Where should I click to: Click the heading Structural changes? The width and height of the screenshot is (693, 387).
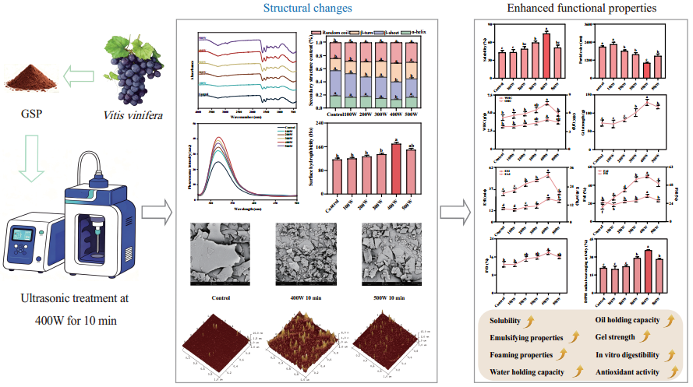pyautogui.click(x=301, y=9)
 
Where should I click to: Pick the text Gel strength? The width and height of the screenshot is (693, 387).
pyautogui.click(x=616, y=337)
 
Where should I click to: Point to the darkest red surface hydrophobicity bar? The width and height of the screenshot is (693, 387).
pyautogui.click(x=396, y=157)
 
